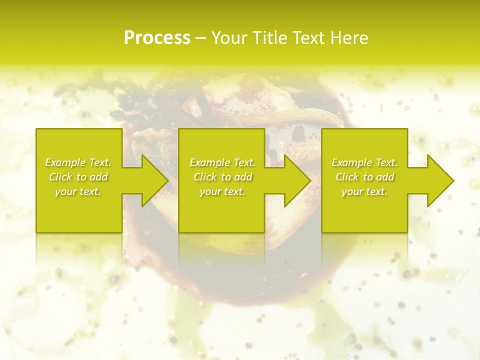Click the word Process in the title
point(157,38)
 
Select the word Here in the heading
point(349,38)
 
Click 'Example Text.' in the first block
point(78,162)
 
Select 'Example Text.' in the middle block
point(222,162)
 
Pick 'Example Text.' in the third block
point(364,162)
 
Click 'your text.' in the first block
point(78,191)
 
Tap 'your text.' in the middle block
point(222,191)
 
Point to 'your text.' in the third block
point(364,191)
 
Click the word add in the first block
point(99,177)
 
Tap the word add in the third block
point(385,177)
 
